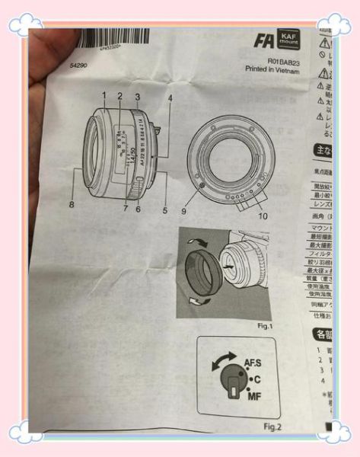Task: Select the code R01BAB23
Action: (283, 59)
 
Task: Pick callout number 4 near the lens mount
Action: (170, 98)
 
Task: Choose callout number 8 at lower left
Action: (72, 205)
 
